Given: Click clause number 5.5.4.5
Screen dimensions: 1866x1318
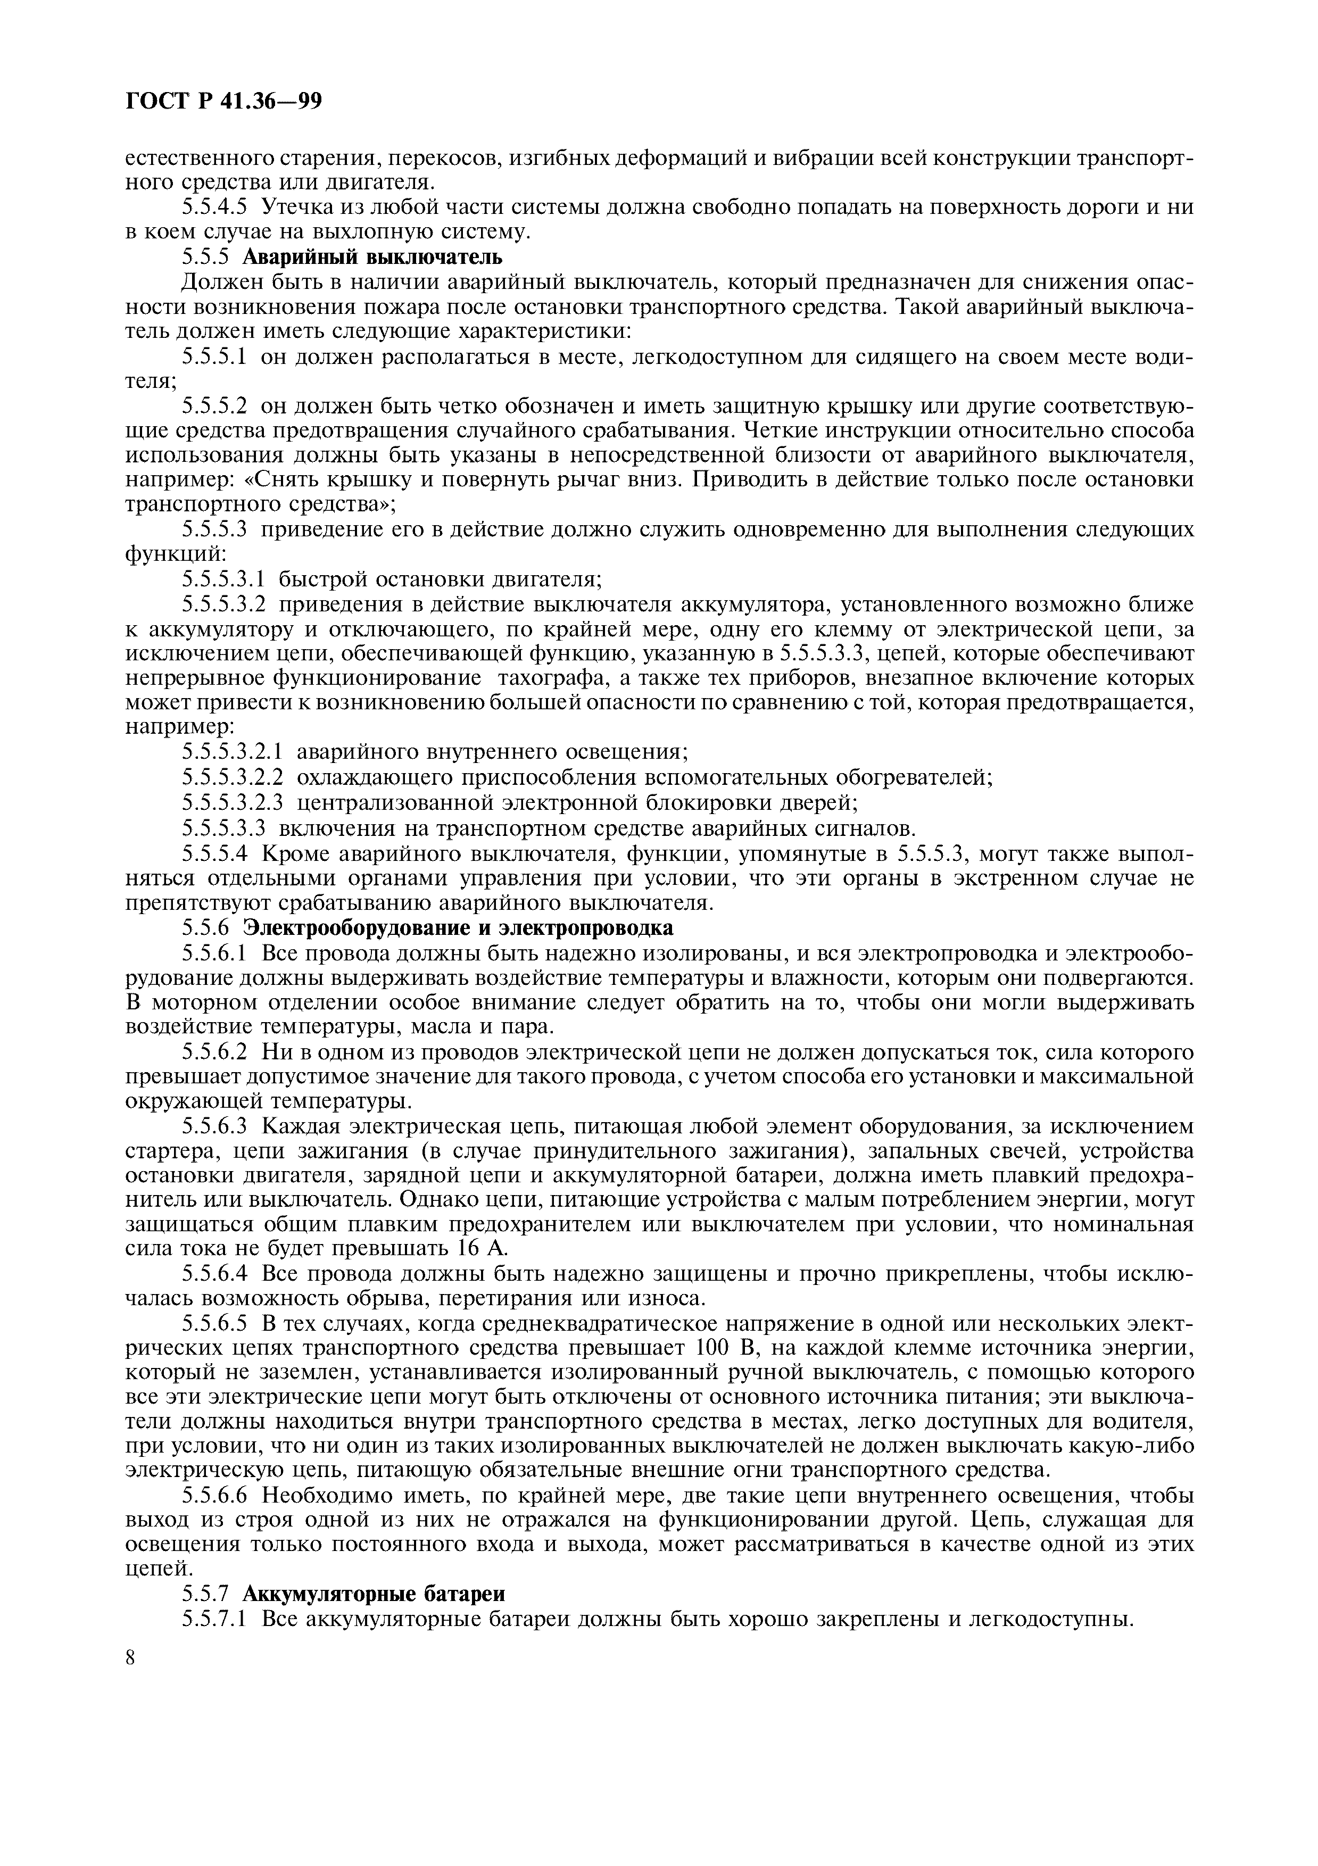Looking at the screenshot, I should [214, 207].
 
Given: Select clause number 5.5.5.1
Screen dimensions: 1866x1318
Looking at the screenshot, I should [214, 356].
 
